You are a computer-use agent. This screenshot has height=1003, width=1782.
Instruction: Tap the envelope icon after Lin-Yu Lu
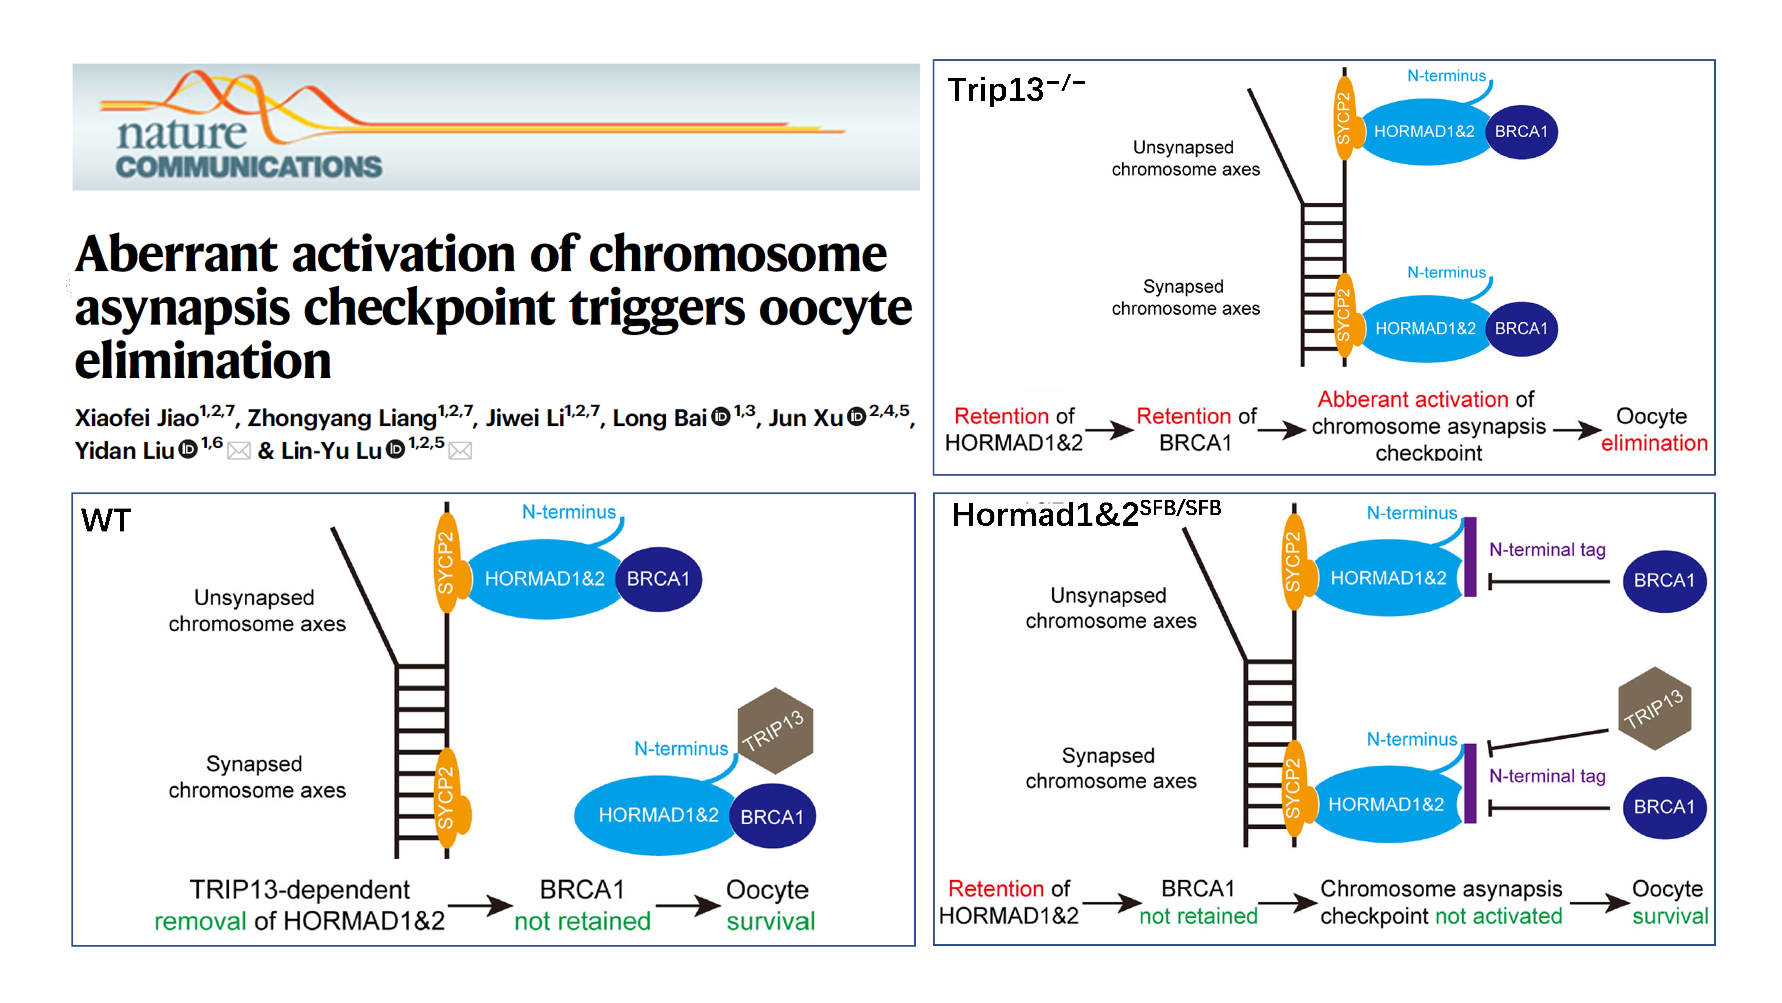click(460, 451)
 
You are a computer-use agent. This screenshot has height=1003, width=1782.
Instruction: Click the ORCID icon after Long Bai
click(721, 416)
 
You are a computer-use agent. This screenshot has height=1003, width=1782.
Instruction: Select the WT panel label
click(106, 521)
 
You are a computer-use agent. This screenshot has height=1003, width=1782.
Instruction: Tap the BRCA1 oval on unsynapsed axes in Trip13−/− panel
click(1521, 131)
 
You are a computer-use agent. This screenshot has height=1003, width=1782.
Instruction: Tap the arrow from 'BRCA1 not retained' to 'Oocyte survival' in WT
click(688, 905)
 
